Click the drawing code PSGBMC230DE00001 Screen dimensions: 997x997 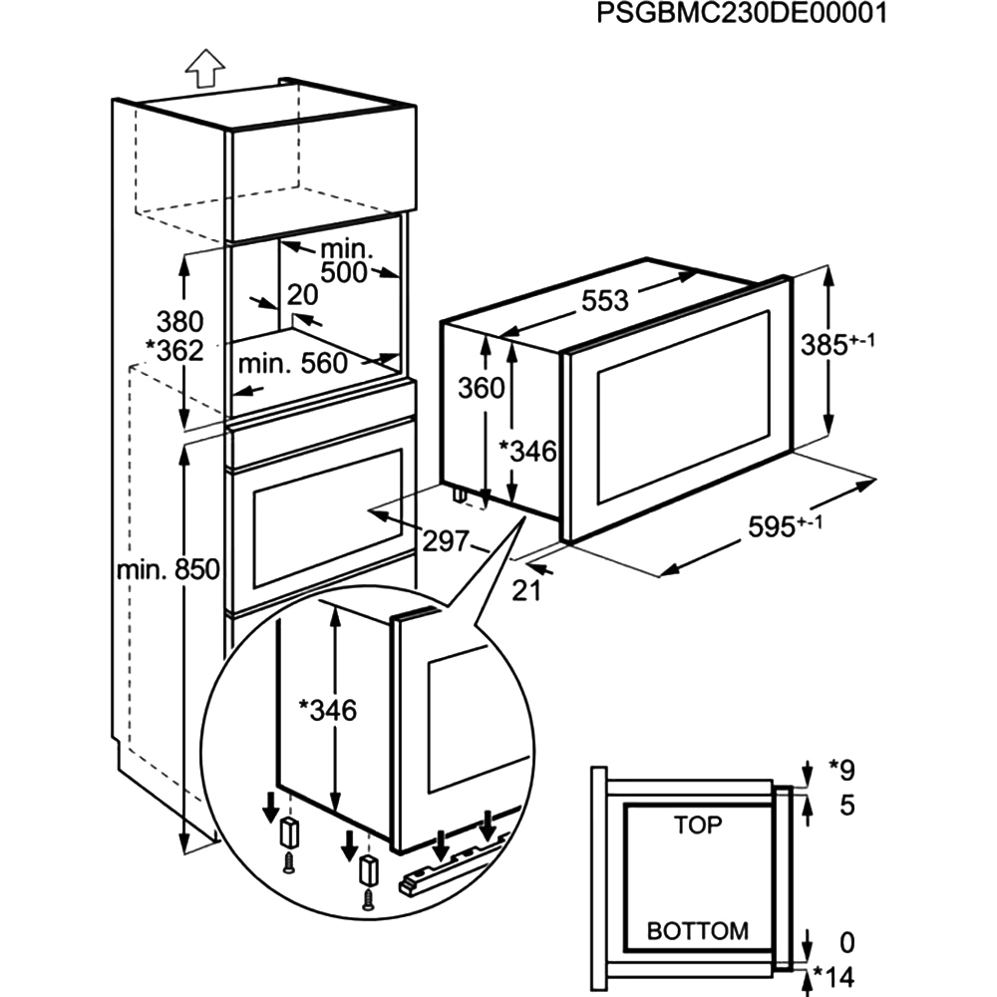[x=741, y=14]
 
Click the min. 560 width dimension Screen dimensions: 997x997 [x=298, y=364]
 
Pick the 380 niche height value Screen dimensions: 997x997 [x=179, y=322]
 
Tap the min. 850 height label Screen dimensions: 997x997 [x=166, y=570]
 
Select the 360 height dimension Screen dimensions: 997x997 [x=481, y=388]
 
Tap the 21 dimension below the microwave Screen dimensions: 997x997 [x=525, y=589]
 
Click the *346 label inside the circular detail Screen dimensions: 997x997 [x=328, y=710]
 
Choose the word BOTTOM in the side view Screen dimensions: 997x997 [x=698, y=931]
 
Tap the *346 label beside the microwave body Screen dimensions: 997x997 [x=529, y=452]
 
